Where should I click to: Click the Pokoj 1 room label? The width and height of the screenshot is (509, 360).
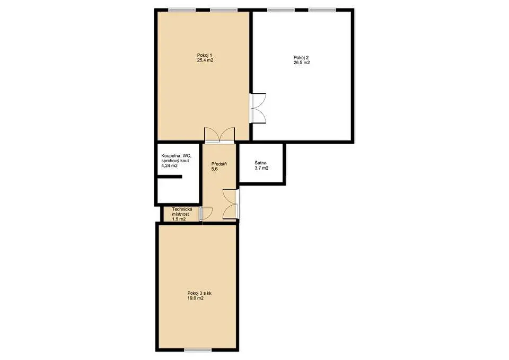pos(205,55)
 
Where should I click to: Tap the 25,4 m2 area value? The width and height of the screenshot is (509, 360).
pos(205,60)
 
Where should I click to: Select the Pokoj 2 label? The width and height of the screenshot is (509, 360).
pos(301,57)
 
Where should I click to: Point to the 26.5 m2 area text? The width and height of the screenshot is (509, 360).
pos(302,63)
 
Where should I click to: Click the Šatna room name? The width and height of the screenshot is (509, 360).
pos(261,163)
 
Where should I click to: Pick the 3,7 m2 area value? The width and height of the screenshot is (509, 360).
pos(261,168)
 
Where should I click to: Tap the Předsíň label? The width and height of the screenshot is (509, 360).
pos(219,164)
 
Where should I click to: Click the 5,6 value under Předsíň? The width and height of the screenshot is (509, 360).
pos(214,169)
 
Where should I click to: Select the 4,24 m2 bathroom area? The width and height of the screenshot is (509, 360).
pos(170,165)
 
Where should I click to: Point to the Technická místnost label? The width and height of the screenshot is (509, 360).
pos(181,212)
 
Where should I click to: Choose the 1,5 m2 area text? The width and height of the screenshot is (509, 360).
pos(179,219)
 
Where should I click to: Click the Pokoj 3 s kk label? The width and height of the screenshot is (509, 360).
pos(199,293)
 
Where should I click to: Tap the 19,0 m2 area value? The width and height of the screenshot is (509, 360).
pos(196,298)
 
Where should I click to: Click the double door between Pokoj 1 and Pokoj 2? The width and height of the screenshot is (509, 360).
pos(258,108)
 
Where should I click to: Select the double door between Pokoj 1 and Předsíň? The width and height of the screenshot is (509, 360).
pos(219,135)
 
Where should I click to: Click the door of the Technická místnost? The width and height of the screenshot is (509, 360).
pos(206,213)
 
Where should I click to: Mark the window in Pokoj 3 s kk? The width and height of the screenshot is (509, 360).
pos(198,349)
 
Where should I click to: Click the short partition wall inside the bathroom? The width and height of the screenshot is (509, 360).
pos(169,177)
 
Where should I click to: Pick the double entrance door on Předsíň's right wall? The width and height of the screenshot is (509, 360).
pos(231,204)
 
